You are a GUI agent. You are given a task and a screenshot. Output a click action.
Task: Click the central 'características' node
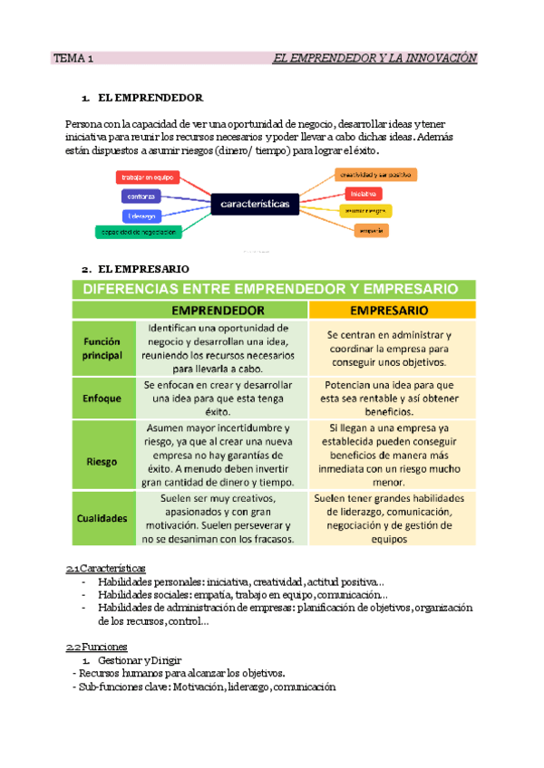255,205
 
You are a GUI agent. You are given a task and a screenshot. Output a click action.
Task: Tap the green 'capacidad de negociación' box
139,233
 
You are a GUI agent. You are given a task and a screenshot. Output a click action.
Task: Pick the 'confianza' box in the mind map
141,196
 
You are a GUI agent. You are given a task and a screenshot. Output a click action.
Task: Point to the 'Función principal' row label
102,349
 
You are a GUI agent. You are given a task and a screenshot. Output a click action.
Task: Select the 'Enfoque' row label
102,397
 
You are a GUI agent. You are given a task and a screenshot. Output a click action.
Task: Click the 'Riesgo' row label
102,461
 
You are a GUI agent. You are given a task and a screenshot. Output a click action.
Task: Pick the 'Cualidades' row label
102,518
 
